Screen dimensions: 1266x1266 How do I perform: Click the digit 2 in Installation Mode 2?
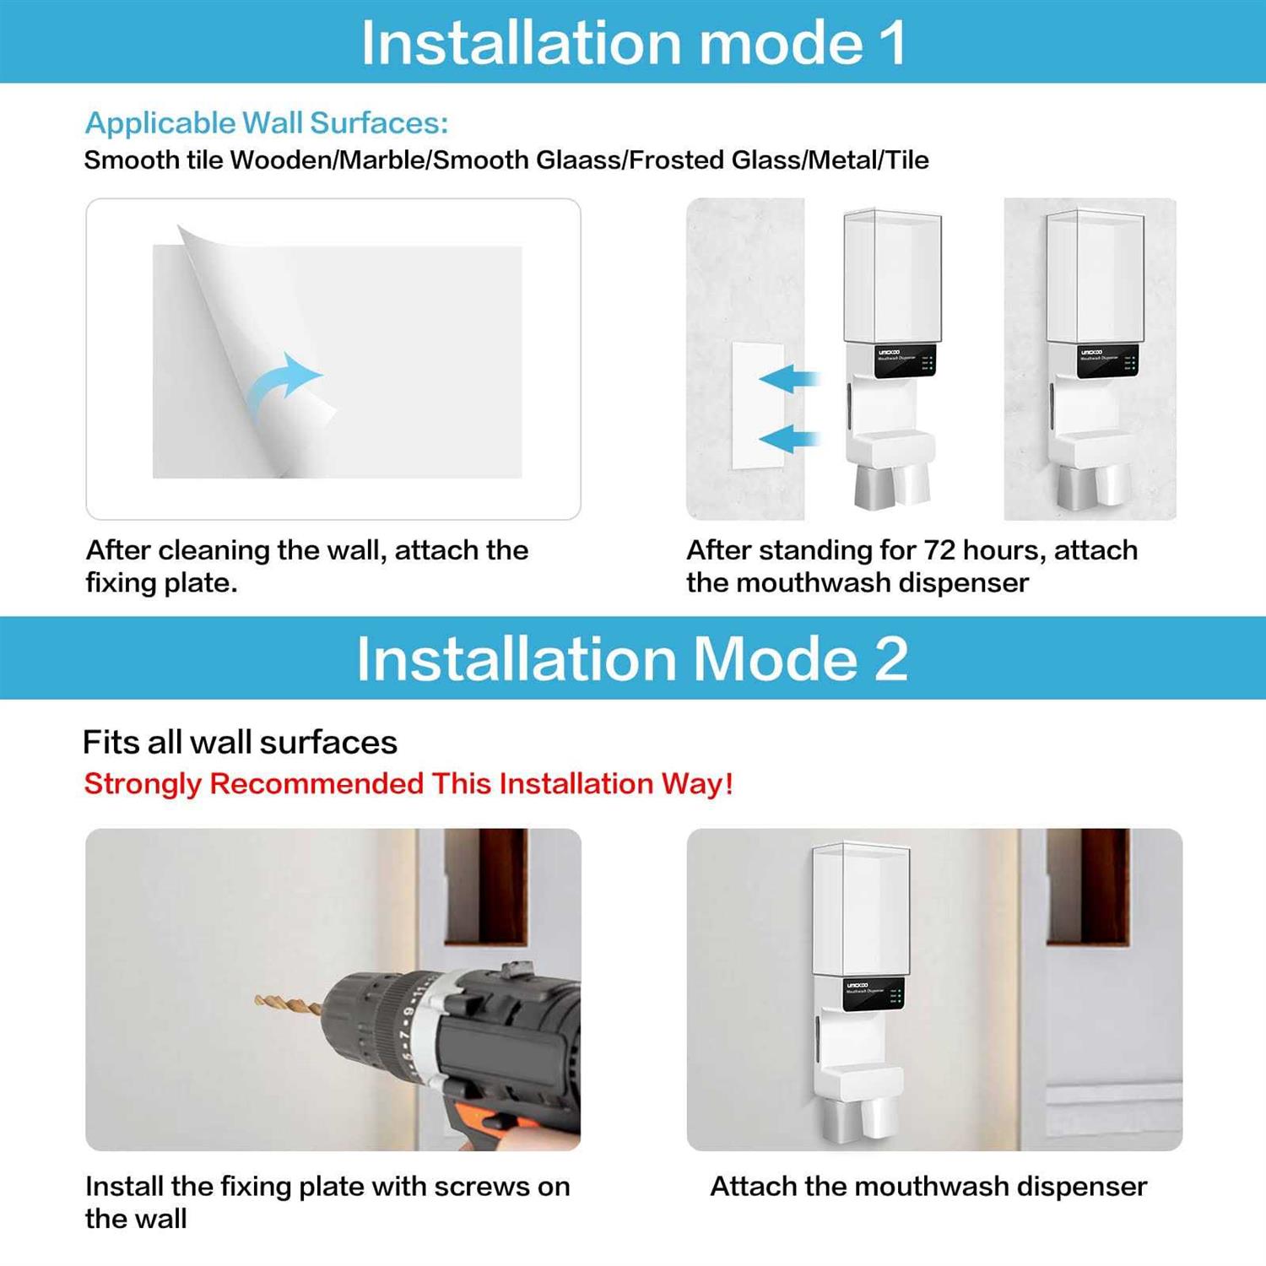click(890, 659)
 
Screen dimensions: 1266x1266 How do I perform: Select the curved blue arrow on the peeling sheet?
click(285, 384)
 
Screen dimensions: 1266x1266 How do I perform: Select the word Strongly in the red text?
click(143, 784)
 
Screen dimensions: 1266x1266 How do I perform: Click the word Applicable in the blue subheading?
click(160, 123)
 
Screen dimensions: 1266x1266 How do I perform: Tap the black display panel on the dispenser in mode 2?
click(874, 993)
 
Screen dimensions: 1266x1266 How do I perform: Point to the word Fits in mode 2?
click(110, 743)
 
